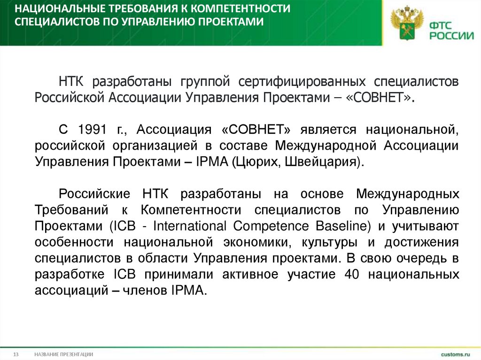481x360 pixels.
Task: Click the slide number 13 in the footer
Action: click(16, 354)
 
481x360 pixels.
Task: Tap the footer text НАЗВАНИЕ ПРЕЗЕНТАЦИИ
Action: click(63, 354)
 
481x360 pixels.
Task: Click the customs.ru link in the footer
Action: click(455, 353)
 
